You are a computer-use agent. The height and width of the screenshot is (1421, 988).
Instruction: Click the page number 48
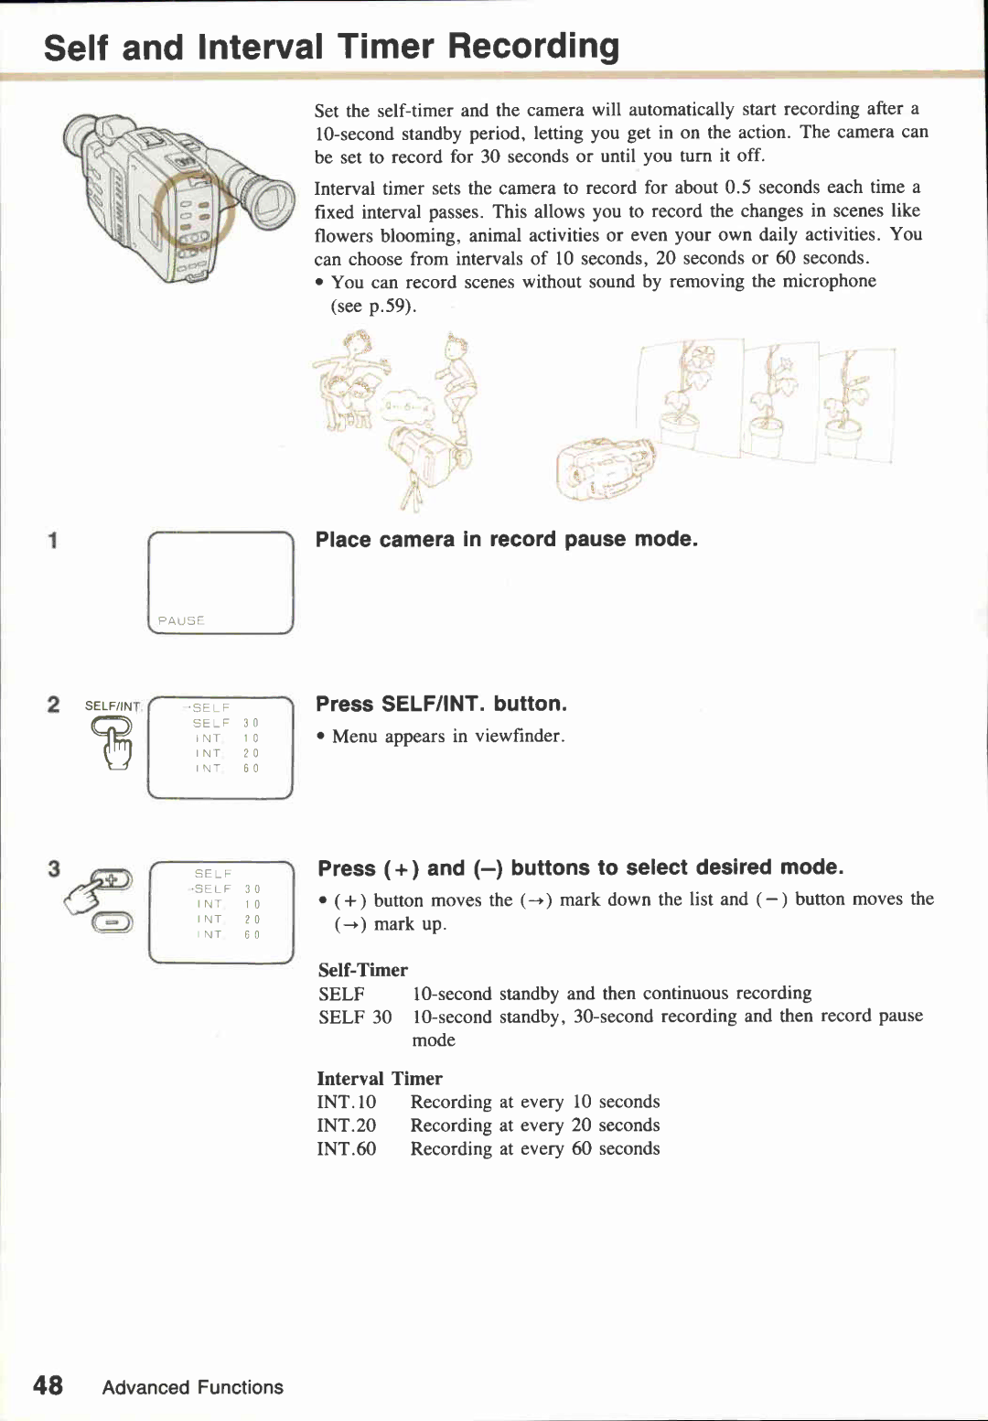pyautogui.click(x=48, y=1384)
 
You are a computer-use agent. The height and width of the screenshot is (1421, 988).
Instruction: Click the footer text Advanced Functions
pyautogui.click(x=192, y=1387)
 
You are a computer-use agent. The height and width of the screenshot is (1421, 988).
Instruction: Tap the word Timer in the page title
pyautogui.click(x=385, y=46)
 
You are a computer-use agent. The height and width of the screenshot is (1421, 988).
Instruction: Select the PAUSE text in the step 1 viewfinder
pyautogui.click(x=180, y=620)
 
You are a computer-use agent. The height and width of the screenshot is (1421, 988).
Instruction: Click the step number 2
pyautogui.click(x=54, y=704)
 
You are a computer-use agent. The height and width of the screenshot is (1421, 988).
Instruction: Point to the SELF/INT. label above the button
pyautogui.click(x=113, y=705)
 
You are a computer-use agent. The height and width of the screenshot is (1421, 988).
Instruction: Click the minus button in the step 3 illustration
pyautogui.click(x=112, y=922)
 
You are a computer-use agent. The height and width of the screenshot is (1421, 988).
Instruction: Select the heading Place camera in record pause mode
pyautogui.click(x=506, y=539)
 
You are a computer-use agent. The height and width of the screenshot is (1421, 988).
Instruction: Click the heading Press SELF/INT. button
pyautogui.click(x=441, y=704)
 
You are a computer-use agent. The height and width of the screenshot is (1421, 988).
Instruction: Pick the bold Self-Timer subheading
pyautogui.click(x=362, y=969)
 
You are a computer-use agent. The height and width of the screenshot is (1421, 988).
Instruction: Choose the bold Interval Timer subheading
pyautogui.click(x=379, y=1078)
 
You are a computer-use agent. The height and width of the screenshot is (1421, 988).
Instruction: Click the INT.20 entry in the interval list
pyautogui.click(x=346, y=1125)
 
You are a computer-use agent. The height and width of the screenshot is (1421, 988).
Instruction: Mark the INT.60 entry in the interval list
pyautogui.click(x=346, y=1148)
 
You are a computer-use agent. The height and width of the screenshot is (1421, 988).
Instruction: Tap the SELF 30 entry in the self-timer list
pyautogui.click(x=355, y=1017)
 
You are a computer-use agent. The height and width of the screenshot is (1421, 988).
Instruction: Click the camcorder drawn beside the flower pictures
pyautogui.click(x=604, y=469)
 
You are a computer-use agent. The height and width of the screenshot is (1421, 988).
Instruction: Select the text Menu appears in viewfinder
pyautogui.click(x=448, y=737)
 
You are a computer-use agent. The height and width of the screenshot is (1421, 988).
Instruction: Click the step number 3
pyautogui.click(x=54, y=868)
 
